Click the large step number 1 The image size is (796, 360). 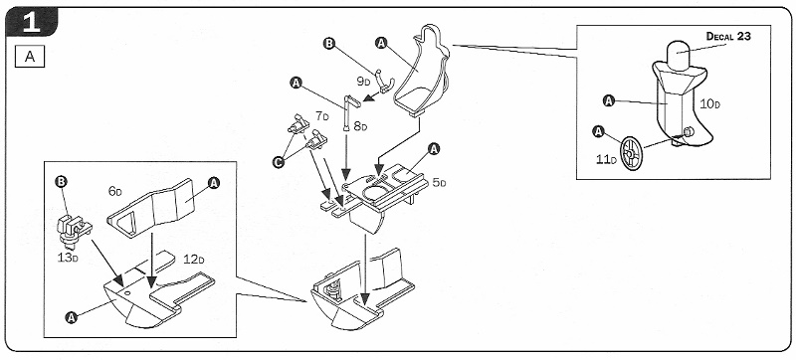[x=32, y=23]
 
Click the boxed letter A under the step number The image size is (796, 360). [x=30, y=57]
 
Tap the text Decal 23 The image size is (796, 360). [x=728, y=36]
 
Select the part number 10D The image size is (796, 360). [x=709, y=104]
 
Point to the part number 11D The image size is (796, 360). [x=606, y=159]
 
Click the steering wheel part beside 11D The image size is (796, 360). [x=632, y=152]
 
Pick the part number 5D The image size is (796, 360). [x=439, y=183]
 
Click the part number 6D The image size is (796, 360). [x=115, y=191]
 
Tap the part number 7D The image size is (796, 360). [x=321, y=116]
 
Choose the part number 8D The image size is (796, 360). [x=360, y=126]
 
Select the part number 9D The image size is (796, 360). [x=363, y=82]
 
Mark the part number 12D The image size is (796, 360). [x=194, y=260]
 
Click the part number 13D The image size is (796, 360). [x=68, y=257]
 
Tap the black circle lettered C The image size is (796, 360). [x=278, y=162]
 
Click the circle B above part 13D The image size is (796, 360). [x=61, y=181]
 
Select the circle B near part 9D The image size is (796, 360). [x=329, y=44]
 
